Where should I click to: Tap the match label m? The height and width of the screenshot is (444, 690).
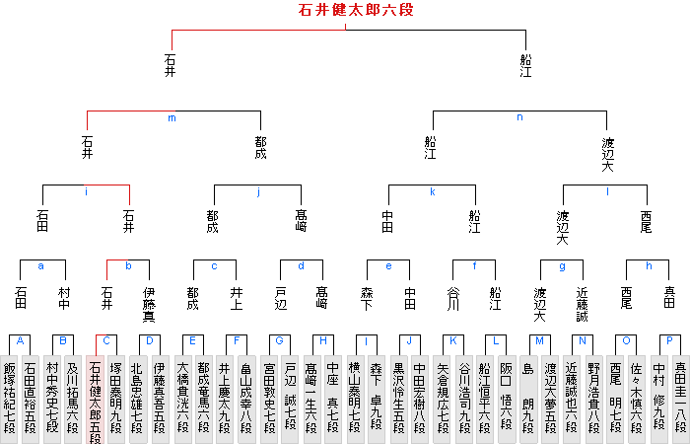(x=172, y=118)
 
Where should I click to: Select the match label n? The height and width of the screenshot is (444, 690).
(x=519, y=118)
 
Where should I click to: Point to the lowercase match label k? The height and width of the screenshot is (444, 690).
(x=432, y=191)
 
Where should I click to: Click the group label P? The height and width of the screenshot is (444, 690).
(x=669, y=340)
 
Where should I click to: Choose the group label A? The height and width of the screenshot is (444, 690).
(x=20, y=340)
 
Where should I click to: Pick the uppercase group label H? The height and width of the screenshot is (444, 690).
(x=322, y=340)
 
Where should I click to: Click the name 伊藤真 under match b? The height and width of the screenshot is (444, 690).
(x=149, y=303)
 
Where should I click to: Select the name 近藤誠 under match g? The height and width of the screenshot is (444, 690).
(x=583, y=303)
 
